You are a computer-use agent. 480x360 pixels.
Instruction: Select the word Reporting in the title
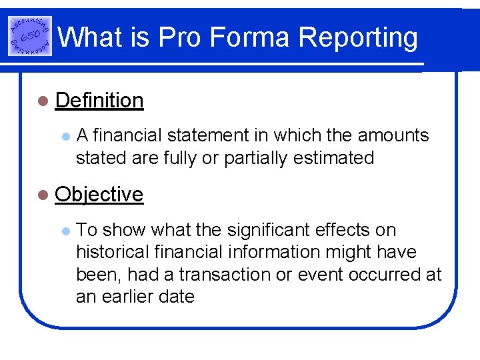[x=359, y=39]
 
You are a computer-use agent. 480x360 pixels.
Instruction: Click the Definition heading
[x=99, y=100]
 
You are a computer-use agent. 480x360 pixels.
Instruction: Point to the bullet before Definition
[x=43, y=101]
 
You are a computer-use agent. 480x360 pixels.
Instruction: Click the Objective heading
[x=99, y=194]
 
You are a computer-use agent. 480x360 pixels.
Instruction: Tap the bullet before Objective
[x=43, y=195]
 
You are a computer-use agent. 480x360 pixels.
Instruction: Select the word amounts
[x=393, y=135]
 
